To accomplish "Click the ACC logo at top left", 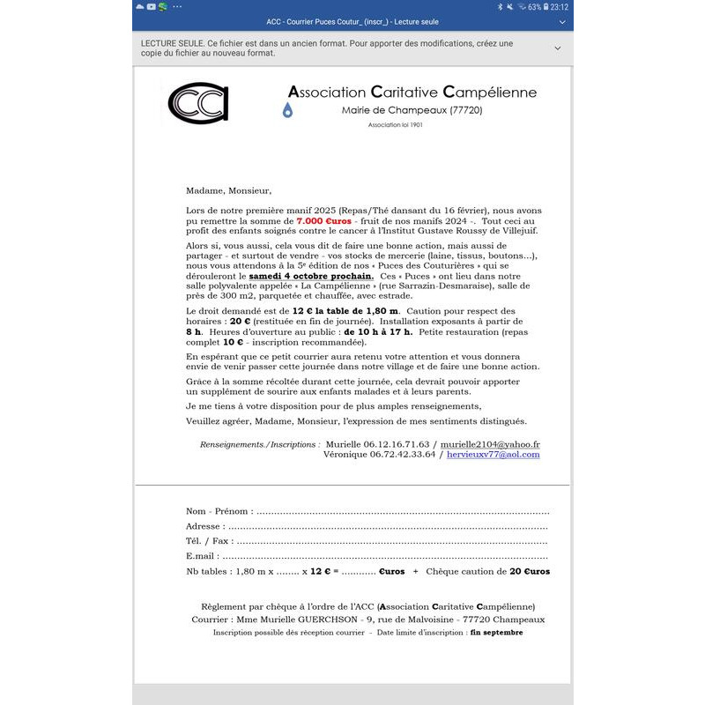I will point(198,102).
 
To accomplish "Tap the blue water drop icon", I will point(287,110).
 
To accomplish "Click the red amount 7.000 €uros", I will point(323,220).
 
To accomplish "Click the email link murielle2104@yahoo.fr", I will point(490,445).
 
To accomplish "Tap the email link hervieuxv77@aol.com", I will point(493,455).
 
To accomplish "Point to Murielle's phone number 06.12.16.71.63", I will point(377,445).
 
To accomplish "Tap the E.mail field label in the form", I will point(202,556).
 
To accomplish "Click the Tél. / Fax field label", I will point(210,541).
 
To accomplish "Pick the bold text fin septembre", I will point(496,632).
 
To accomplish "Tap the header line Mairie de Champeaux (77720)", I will point(412,110).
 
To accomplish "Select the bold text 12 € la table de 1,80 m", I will point(345,311).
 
